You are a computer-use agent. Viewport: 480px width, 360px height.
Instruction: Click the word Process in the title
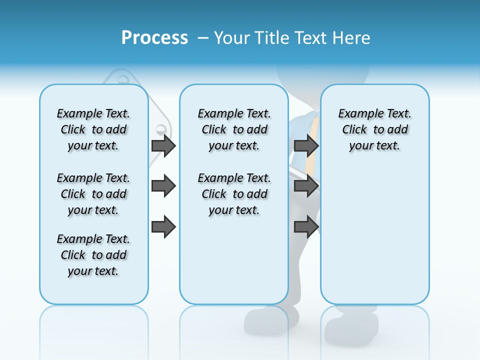[154, 37]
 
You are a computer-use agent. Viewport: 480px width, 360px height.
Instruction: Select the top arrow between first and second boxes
[163, 145]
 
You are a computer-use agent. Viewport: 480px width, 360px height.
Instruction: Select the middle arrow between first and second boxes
[163, 186]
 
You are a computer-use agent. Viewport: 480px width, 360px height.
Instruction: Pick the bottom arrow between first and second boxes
[163, 226]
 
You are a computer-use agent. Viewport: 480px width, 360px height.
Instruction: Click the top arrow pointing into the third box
[306, 145]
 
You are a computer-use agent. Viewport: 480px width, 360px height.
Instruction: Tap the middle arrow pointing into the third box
[306, 186]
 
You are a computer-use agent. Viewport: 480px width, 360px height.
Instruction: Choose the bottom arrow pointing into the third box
[306, 226]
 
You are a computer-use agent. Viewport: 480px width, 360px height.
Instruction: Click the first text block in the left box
[93, 129]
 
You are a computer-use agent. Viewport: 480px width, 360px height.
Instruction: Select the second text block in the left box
[93, 194]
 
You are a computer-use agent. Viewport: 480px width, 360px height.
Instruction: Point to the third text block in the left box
[93, 255]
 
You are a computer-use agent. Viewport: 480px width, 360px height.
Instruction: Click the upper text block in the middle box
[234, 129]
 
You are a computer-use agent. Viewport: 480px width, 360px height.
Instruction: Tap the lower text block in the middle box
[234, 194]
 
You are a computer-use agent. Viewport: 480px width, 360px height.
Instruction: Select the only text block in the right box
[374, 129]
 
